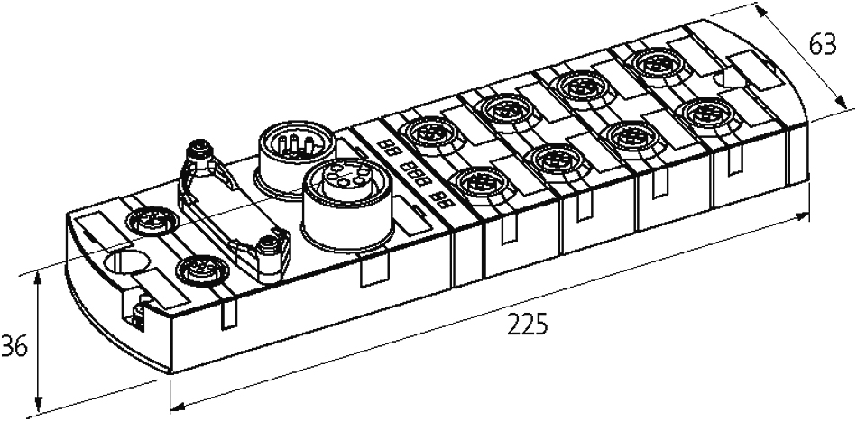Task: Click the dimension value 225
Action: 527,325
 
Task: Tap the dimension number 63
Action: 823,45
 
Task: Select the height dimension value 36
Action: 14,347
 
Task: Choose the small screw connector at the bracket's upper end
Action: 200,154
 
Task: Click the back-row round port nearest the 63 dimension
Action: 655,64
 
